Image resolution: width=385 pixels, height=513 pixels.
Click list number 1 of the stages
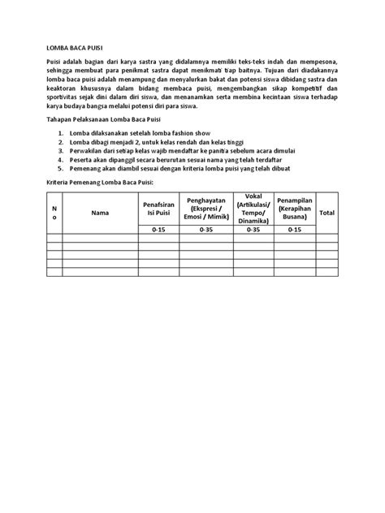60,132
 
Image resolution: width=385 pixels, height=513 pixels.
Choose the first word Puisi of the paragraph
54,63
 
